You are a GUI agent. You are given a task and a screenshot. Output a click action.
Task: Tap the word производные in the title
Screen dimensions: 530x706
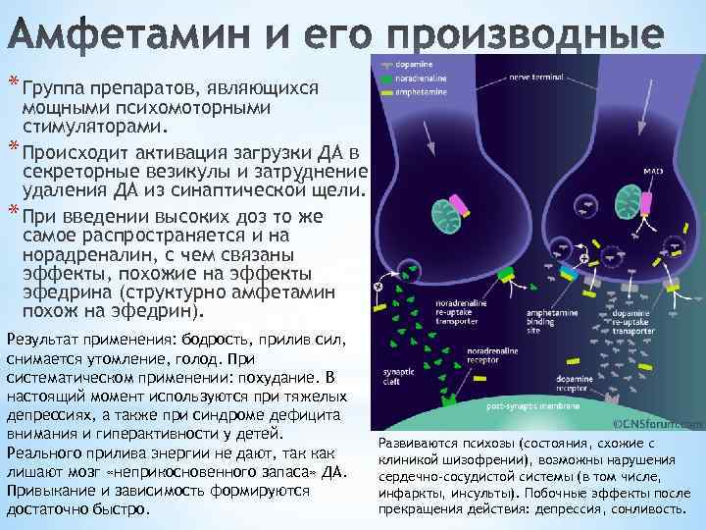pyautogui.click(x=519, y=36)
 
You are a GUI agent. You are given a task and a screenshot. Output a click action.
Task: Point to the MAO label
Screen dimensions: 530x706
pyautogui.click(x=653, y=170)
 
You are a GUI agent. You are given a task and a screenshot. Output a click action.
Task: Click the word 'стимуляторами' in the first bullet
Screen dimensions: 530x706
pyautogui.click(x=95, y=126)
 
